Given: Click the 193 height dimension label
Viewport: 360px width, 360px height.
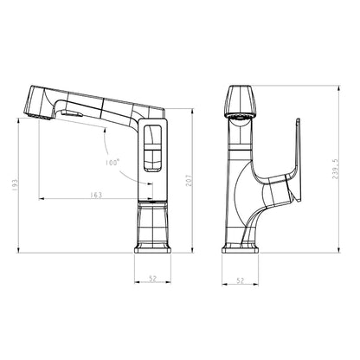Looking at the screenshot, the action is pos(15,185).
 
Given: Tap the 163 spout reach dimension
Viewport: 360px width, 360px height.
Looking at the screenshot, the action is pos(96,195).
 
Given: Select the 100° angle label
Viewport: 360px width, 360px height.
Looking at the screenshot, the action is pos(112,163).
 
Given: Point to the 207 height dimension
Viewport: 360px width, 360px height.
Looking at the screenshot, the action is pos(189,180).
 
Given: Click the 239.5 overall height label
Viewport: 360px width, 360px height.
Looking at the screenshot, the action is pos(335,169).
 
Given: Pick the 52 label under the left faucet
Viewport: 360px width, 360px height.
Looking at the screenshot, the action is pos(152,279).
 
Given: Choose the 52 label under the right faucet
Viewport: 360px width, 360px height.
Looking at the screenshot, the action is pos(240,280).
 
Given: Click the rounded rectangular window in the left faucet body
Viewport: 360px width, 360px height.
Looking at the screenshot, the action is pos(152,148).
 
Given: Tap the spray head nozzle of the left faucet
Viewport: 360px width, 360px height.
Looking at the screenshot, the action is pos(40,116).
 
